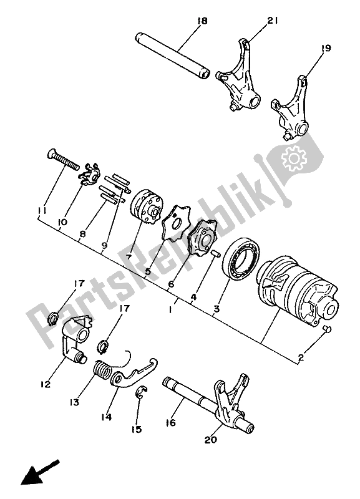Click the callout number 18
tap(202, 21)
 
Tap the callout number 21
tap(272, 21)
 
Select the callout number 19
tap(325, 48)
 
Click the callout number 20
tap(211, 440)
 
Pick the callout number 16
tap(170, 422)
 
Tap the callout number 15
tap(136, 429)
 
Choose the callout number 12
tap(46, 384)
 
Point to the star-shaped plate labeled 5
tap(176, 223)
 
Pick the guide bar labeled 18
tap(171, 56)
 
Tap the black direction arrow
tap(40, 473)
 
